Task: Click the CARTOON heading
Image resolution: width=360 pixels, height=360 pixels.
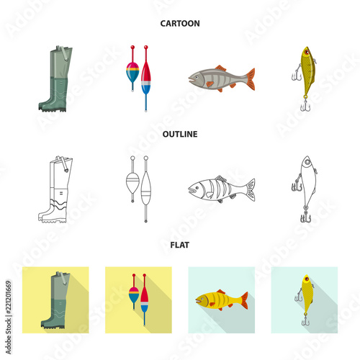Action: tap(179, 23)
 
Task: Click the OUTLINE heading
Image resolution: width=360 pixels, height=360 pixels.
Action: tap(179, 134)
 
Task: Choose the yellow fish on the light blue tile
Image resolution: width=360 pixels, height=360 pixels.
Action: tap(220, 299)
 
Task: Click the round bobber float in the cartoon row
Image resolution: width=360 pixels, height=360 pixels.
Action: tap(132, 72)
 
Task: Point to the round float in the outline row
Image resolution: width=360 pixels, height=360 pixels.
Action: tap(132, 183)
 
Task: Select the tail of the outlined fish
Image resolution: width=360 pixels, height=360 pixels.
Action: tap(248, 189)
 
